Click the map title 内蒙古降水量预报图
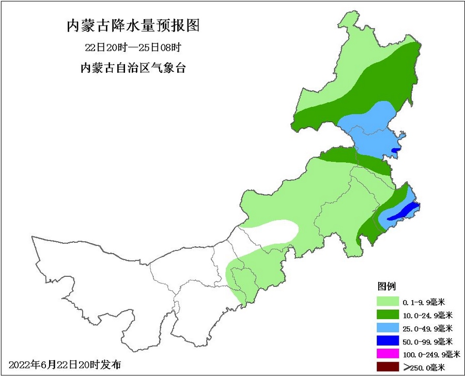click(x=133, y=26)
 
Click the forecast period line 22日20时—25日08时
click(x=133, y=48)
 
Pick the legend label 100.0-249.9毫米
click(x=431, y=354)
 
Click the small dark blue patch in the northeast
click(x=395, y=150)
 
